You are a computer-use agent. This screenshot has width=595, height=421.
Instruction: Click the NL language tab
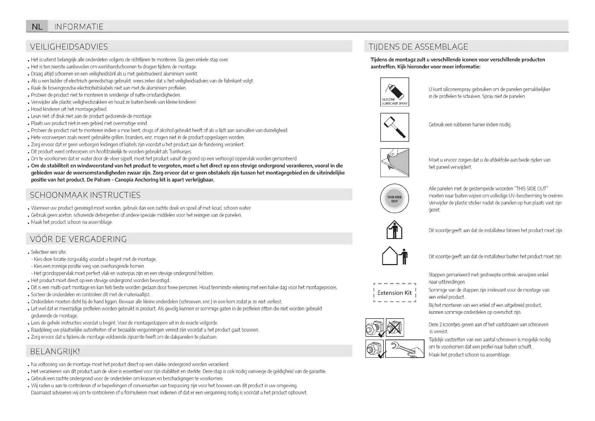pyautogui.click(x=37, y=27)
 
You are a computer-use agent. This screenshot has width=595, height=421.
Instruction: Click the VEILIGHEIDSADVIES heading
pyautogui.click(x=69, y=47)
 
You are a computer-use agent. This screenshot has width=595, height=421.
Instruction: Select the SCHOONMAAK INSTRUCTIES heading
pyautogui.click(x=85, y=195)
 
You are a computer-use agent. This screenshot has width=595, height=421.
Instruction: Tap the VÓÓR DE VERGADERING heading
pyautogui.click(x=78, y=239)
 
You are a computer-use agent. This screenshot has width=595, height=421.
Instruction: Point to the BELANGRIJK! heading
pyautogui.click(x=55, y=351)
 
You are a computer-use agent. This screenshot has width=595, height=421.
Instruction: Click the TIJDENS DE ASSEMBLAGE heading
pyautogui.click(x=418, y=47)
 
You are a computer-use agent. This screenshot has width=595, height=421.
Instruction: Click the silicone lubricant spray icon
pyautogui.click(x=395, y=92)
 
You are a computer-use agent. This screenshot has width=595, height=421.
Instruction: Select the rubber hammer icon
pyautogui.click(x=395, y=127)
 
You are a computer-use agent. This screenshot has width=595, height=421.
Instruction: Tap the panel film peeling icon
pyautogui.click(x=395, y=163)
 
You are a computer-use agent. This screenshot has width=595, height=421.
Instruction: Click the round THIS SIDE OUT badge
pyautogui.click(x=394, y=199)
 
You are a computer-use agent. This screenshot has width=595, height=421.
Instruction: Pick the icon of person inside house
pyautogui.click(x=394, y=230)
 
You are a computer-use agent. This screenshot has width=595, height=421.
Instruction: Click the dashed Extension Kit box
pyautogui.click(x=394, y=293)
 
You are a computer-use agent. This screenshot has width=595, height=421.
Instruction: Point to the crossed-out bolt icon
pyautogui.click(x=395, y=327)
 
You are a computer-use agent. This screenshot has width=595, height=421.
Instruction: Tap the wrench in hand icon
pyautogui.click(x=405, y=349)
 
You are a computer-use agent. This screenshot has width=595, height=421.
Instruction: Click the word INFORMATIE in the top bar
pyautogui.click(x=79, y=27)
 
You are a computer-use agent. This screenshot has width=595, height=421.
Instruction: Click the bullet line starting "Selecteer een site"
pyautogui.click(x=49, y=252)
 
